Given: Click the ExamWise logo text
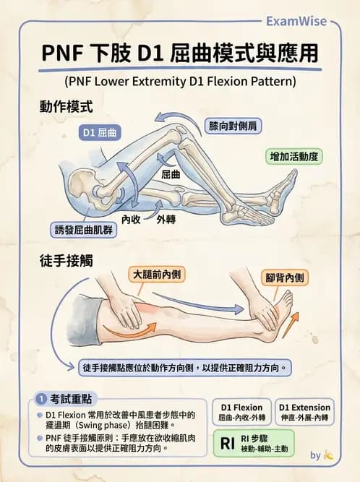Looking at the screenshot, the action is [x=296, y=21].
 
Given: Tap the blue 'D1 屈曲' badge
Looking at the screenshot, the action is [x=100, y=132].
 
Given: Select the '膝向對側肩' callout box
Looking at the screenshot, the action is [x=233, y=126].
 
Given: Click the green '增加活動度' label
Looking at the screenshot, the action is [x=294, y=157].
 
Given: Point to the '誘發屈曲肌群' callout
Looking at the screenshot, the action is [x=84, y=230].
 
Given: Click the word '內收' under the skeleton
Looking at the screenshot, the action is [x=131, y=220].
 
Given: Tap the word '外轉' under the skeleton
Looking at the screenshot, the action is [x=166, y=220].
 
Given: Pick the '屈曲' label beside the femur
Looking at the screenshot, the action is [x=171, y=175].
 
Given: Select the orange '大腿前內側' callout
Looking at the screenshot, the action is [x=157, y=274].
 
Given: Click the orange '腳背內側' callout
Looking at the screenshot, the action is [x=285, y=277].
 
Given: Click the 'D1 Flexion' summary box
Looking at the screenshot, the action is [x=241, y=412].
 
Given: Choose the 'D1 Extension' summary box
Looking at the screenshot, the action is [x=304, y=412].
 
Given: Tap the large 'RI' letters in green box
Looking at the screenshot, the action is [x=228, y=443].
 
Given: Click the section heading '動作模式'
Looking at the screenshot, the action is [x=66, y=107].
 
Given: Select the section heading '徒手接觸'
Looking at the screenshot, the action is [x=66, y=261].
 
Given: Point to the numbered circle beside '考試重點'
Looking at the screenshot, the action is [x=41, y=399].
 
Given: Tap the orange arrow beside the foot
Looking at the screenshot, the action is [x=290, y=324].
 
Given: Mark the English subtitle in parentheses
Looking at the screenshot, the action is [x=180, y=82].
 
